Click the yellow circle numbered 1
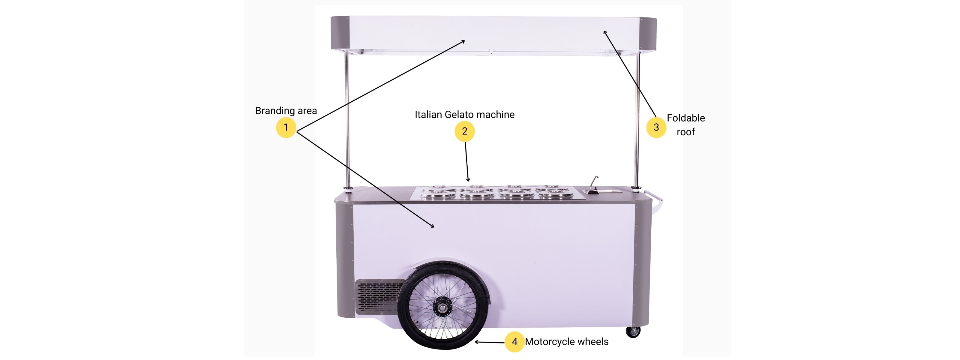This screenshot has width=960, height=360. point(286,127)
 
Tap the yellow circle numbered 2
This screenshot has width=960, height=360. point(464,131)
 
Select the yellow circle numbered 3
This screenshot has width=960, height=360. point(656,127)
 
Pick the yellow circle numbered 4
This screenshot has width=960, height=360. point(515,342)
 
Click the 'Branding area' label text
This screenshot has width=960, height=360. point(286,111)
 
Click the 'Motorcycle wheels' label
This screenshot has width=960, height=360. point(566,342)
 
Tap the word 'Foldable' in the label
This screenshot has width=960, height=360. point(686,118)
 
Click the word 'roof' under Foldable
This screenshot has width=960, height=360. point(686,132)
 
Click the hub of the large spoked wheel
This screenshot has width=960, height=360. point(442,307)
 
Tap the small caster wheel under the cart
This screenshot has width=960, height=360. point(633,332)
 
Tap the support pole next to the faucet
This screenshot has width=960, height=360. point(637,120)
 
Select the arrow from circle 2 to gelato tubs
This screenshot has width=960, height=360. point(466,162)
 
